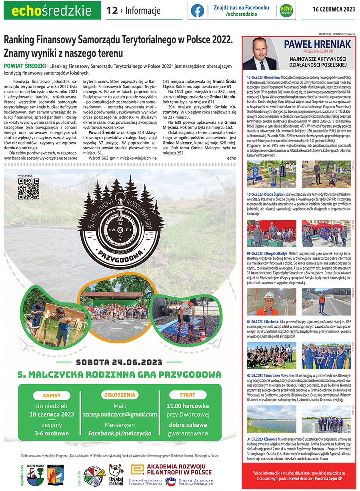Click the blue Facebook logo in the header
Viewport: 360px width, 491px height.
coord(197,10)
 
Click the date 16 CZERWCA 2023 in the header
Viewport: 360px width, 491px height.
coord(334,10)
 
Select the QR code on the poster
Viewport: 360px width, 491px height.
coord(28,188)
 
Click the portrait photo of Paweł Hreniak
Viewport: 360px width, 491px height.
coord(261,53)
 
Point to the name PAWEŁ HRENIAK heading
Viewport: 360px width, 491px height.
coord(312,44)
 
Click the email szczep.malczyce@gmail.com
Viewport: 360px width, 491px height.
coord(120,415)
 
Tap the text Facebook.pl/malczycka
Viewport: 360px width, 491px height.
coord(120,433)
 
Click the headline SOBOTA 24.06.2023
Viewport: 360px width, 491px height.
coord(119,363)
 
